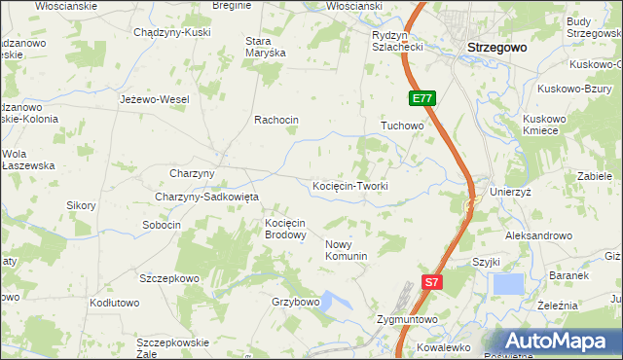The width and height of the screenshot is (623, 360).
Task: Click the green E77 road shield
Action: (x=421, y=98)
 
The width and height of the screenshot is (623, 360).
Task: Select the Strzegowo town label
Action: (x=496, y=47)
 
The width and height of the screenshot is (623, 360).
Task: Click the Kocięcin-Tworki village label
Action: (x=349, y=186)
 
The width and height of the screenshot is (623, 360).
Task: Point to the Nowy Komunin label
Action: (x=346, y=250)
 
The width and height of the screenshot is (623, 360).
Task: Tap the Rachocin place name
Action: (x=275, y=120)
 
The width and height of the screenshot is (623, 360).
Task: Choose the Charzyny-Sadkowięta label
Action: (x=206, y=197)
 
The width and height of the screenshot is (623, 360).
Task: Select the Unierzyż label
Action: (x=511, y=192)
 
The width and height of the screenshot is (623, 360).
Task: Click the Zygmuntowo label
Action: (x=407, y=319)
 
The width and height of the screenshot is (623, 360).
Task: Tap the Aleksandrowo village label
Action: (x=538, y=236)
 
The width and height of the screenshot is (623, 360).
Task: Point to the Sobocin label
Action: (x=162, y=225)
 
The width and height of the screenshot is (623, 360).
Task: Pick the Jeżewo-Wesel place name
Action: (x=154, y=99)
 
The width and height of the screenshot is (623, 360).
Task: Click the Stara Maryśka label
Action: (x=265, y=47)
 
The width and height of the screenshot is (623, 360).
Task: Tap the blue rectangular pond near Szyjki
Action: (x=508, y=284)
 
